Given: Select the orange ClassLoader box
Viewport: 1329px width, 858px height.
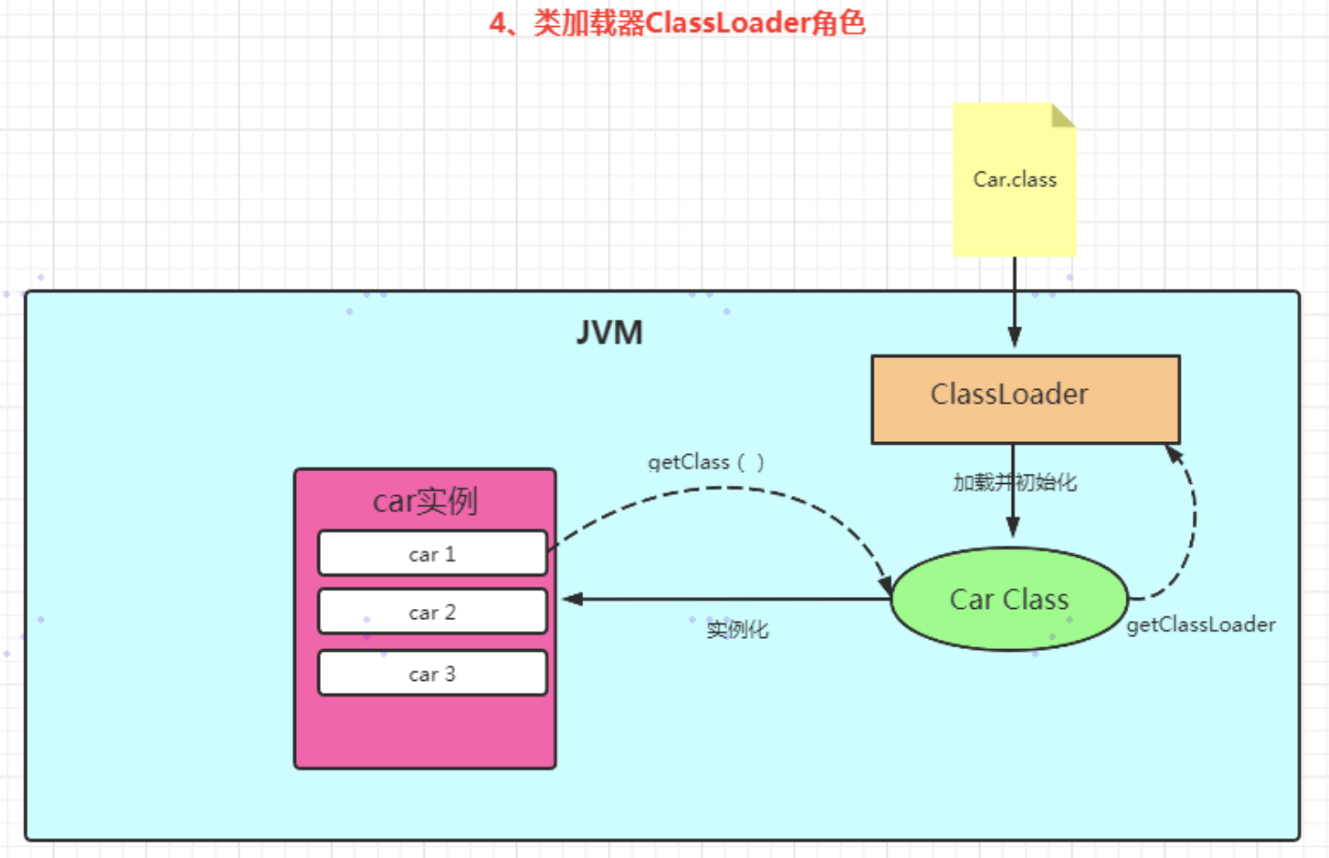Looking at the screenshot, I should tap(1026, 398).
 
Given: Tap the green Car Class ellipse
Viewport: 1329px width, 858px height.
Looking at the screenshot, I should tap(1010, 599).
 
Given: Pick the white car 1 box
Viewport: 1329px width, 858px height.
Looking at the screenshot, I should tap(432, 554).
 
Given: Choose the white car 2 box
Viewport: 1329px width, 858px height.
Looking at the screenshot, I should tap(432, 612).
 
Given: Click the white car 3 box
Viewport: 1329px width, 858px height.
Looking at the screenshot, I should tap(432, 673).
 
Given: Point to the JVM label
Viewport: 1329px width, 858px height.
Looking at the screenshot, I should tap(609, 333).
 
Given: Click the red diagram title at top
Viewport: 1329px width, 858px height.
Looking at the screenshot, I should tap(678, 22).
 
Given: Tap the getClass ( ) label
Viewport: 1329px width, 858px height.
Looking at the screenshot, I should tap(706, 462).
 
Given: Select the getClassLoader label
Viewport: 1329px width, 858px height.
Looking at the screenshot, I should tap(1200, 625).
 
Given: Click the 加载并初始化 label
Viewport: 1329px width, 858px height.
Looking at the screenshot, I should tap(1014, 482).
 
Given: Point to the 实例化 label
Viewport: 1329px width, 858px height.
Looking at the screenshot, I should tap(737, 630).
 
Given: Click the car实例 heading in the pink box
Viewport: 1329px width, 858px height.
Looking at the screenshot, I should tap(425, 501).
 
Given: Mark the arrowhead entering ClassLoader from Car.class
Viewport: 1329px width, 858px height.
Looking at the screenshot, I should tap(1014, 338).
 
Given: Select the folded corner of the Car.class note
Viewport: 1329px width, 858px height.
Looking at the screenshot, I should tap(1063, 115).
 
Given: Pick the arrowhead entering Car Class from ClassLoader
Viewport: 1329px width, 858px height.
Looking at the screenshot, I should tap(1014, 528).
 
